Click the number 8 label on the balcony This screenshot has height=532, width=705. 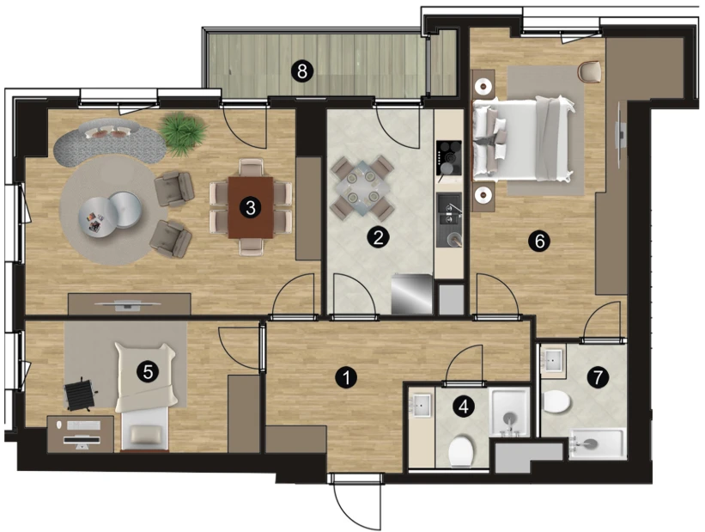click(x=302, y=71)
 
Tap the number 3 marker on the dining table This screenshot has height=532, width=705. click(x=251, y=207)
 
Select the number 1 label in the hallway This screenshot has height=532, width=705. click(x=346, y=378)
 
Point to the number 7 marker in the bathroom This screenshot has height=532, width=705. click(x=598, y=377)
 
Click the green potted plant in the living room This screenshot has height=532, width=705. click(x=183, y=133)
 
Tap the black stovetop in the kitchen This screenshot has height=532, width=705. click(x=449, y=158)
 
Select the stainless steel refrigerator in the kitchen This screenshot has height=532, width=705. click(x=412, y=294)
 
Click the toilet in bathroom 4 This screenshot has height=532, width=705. click(x=461, y=450)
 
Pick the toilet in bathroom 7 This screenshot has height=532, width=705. click(x=556, y=401)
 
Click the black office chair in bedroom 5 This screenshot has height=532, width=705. click(x=81, y=394)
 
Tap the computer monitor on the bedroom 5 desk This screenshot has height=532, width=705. click(x=82, y=441)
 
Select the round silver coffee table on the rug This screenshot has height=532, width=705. click(x=109, y=213)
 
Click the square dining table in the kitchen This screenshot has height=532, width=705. click(x=362, y=187)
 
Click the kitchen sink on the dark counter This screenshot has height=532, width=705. click(x=449, y=209)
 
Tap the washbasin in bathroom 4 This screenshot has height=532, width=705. click(x=422, y=405)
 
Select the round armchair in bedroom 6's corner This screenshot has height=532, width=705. click(x=590, y=71)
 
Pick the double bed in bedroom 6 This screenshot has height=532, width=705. click(x=523, y=139)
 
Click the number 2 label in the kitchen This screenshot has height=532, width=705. click(x=378, y=236)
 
